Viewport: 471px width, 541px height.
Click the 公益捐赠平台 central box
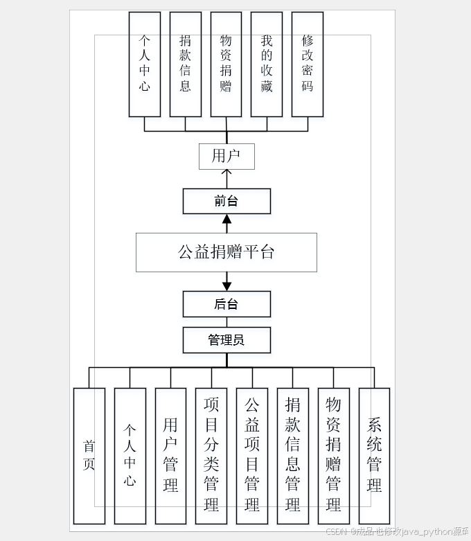[226, 252]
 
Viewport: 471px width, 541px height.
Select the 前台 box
[226, 202]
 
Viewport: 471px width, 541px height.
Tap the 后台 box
[226, 304]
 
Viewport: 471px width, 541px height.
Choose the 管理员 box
[226, 340]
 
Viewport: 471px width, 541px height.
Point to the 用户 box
[226, 157]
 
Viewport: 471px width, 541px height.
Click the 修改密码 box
[308, 64]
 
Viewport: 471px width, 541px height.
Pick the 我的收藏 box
[267, 64]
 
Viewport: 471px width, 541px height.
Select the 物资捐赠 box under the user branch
[226, 64]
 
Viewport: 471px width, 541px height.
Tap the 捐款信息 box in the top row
[185, 64]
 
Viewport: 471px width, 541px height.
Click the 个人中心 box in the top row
[144, 64]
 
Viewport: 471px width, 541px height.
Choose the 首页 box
[89, 455]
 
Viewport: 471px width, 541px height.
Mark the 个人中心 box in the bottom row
[130, 455]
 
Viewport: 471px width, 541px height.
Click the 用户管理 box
[170, 455]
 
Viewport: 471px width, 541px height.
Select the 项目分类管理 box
[211, 455]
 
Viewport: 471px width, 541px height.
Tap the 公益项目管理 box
[252, 455]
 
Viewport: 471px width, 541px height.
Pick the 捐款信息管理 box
[293, 455]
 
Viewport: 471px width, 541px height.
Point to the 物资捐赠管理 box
[334, 455]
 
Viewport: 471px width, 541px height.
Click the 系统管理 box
[374, 455]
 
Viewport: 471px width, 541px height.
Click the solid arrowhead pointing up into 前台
[226, 220]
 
